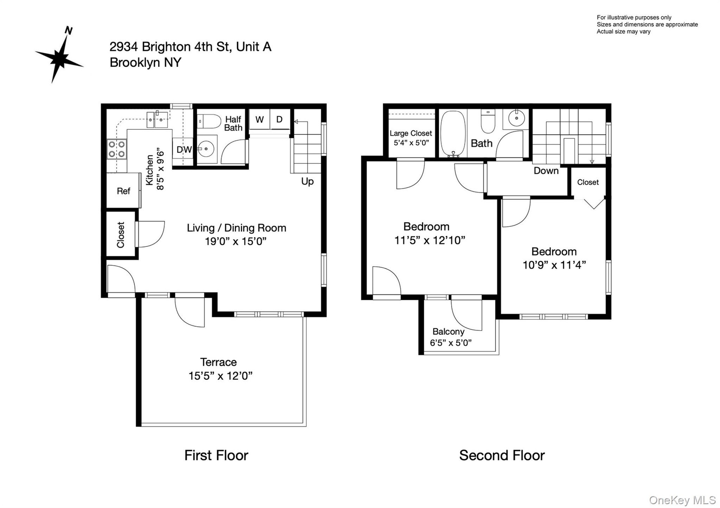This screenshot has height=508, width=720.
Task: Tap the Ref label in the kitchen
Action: pos(123,191)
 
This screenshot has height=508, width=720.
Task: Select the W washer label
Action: pos(259,120)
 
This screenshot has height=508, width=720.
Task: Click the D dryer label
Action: pos(279,119)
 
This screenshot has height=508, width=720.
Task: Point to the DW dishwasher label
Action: pos(184,150)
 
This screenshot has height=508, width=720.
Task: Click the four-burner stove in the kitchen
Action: pos(117,149)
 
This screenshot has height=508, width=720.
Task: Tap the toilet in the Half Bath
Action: pos(209,121)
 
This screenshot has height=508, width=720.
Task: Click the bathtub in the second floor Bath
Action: pos(453,133)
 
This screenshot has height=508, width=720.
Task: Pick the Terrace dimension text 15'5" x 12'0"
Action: pos(220,376)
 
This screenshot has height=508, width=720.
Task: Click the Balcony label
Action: pos(448,331)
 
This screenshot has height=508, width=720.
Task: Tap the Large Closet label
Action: pos(411,133)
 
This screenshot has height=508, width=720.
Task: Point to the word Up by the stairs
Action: pos(307,181)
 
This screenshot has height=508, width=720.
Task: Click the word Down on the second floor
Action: pos(546,171)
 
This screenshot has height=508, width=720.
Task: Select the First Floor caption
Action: pos(216,455)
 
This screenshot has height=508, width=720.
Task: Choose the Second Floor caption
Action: pos(502,455)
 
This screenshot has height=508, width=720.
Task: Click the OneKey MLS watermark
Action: pos(682,500)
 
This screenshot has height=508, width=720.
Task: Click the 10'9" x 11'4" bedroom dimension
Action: pos(554,265)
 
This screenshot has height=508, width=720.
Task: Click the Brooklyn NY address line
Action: pos(145,62)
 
